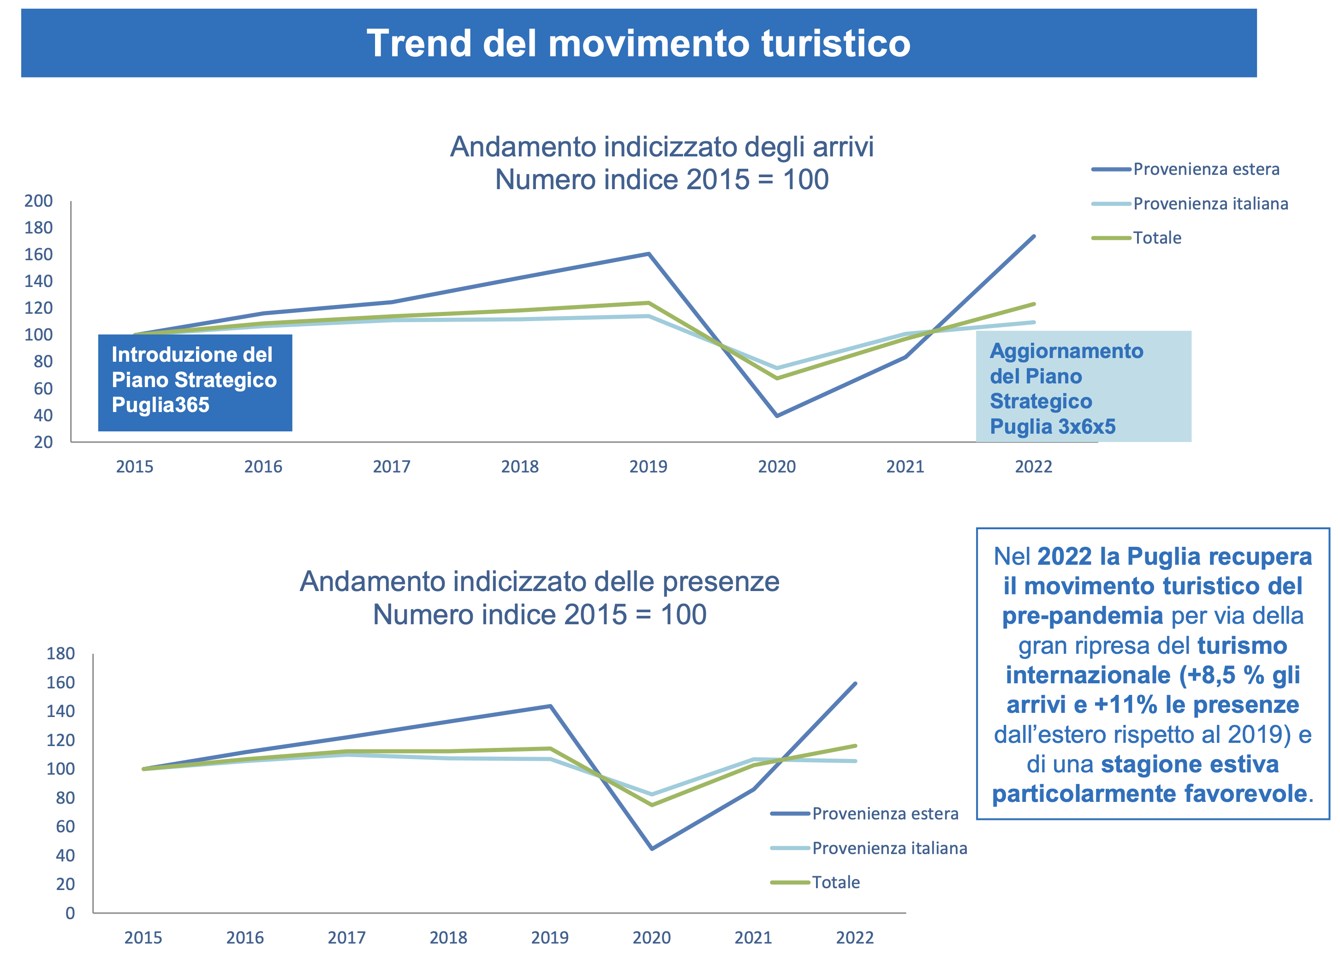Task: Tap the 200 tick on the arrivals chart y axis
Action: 38,201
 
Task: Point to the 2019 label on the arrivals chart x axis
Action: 648,467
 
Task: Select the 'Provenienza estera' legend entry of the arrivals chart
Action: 1205,169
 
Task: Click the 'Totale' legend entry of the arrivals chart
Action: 1156,238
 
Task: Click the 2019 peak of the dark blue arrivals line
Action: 648,254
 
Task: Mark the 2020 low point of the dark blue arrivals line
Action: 777,416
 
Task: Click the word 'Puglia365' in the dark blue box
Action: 160,405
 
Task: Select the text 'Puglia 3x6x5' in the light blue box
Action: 1052,426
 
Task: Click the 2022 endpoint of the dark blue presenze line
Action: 855,683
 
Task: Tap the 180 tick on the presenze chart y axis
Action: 60,653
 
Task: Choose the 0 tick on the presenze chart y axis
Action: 70,913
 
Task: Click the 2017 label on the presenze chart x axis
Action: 346,937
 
